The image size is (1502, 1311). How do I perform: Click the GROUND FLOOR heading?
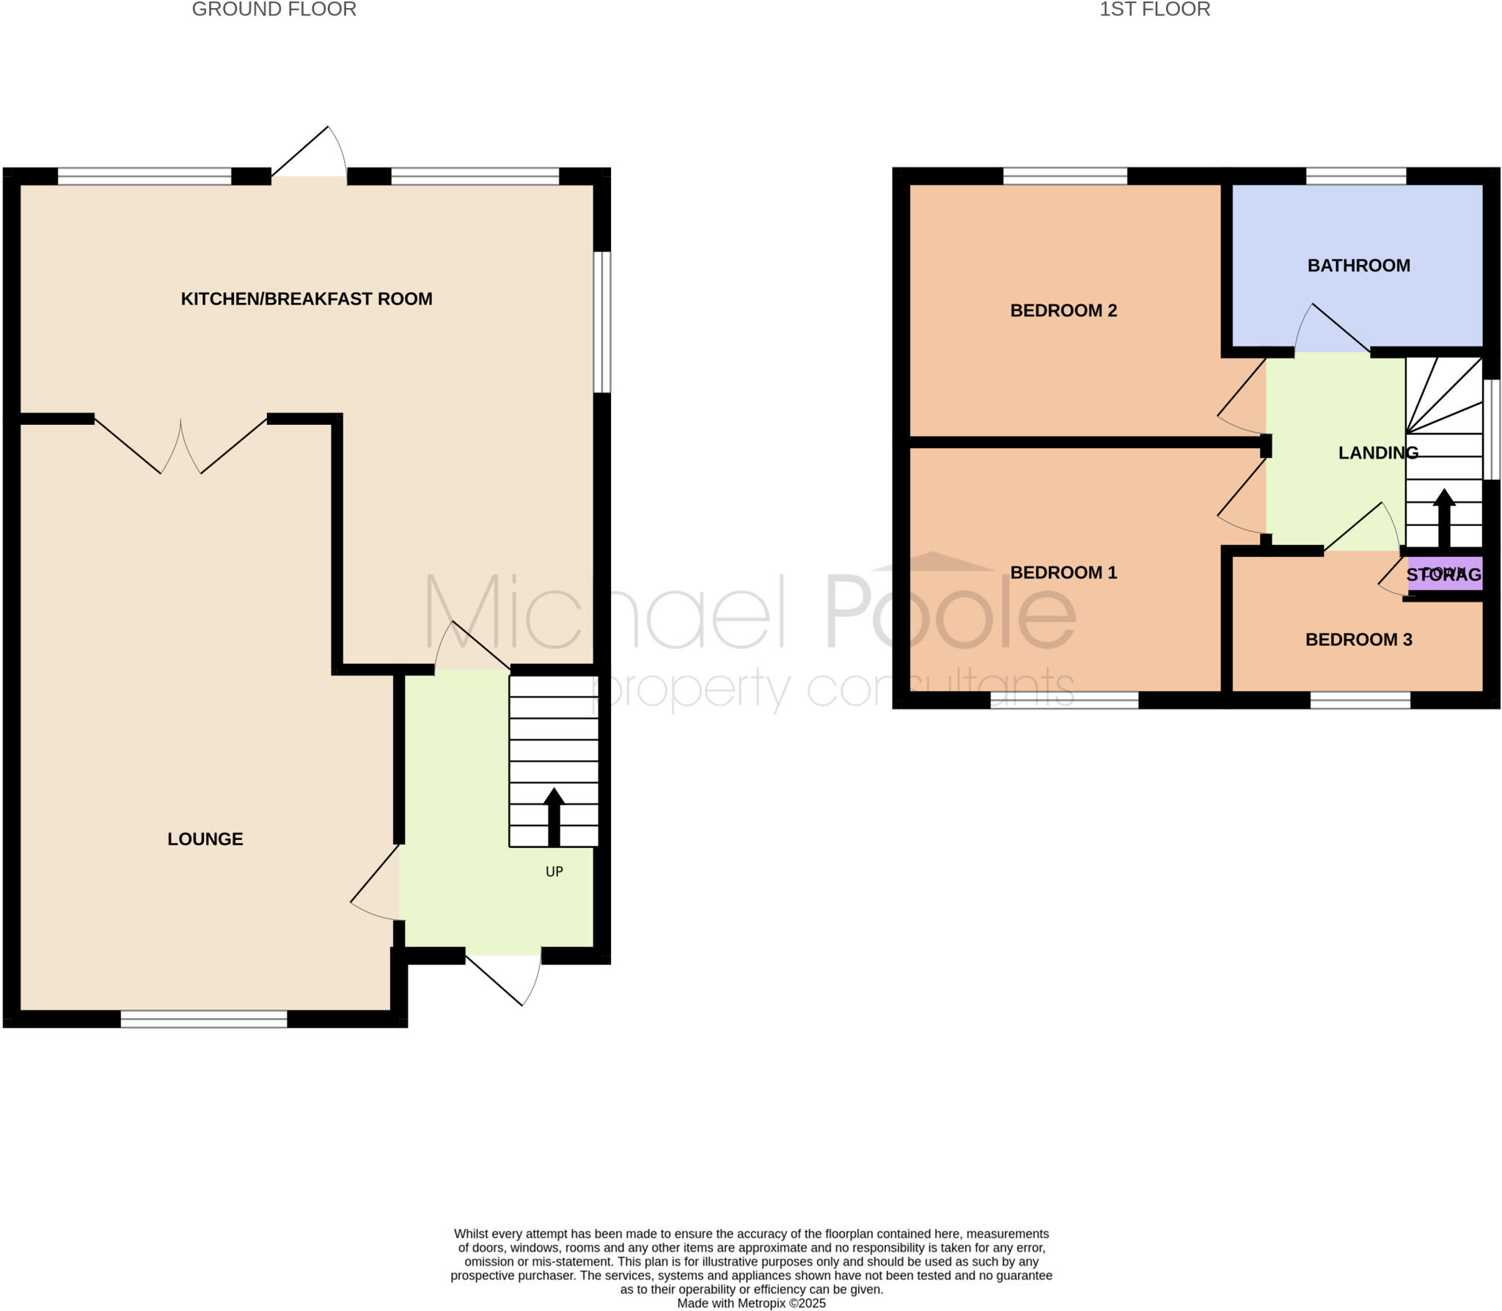pyautogui.click(x=274, y=10)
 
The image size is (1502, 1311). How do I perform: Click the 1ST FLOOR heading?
pyautogui.click(x=1154, y=10)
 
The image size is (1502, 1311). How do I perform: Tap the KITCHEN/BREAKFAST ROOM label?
pyautogui.click(x=307, y=299)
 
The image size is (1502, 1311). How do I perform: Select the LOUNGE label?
pyautogui.click(x=205, y=839)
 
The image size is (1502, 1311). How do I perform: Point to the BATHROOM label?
pyautogui.click(x=1358, y=266)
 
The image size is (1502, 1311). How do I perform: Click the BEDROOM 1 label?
pyautogui.click(x=1063, y=572)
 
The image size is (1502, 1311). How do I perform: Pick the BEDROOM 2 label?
pyautogui.click(x=1063, y=310)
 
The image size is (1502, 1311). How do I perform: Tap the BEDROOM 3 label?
pyautogui.click(x=1358, y=640)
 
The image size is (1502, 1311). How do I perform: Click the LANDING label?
pyautogui.click(x=1378, y=453)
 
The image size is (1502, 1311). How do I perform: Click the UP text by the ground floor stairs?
pyautogui.click(x=554, y=872)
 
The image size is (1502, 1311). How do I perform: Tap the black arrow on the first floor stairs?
pyautogui.click(x=1444, y=517)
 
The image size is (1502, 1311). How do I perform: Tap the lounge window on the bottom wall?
pyautogui.click(x=204, y=1019)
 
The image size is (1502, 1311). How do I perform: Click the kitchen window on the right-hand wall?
pyautogui.click(x=601, y=322)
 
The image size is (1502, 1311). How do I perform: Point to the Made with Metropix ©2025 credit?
pyautogui.click(x=751, y=1304)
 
